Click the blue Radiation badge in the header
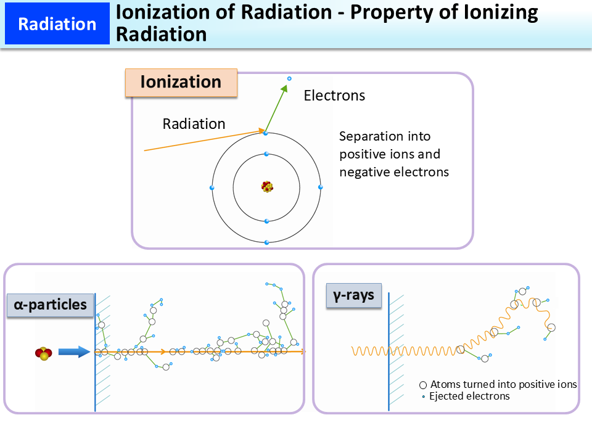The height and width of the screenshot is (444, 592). coord(57,24)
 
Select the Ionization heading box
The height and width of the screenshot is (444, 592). coord(181,83)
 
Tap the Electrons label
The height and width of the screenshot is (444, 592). coord(334,96)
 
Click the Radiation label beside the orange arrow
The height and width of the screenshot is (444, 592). coord(194,124)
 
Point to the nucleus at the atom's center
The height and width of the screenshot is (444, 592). coord(266,186)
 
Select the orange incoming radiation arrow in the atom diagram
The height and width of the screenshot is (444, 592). coord(203,141)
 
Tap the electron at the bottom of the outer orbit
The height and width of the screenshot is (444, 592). coord(266,242)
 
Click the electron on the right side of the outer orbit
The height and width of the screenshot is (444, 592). coord(320,187)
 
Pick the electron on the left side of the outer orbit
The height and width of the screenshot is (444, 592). coord(212,187)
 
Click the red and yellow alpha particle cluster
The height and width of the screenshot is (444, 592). coord(43,353)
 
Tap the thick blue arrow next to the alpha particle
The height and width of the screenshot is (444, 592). coord(74,352)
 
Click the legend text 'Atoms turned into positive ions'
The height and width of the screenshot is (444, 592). coord(503,384)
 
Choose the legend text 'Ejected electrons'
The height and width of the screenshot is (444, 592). coord(469,396)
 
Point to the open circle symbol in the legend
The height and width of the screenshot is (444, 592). coord(423,384)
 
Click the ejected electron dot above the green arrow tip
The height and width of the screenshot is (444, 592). coord(289,78)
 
